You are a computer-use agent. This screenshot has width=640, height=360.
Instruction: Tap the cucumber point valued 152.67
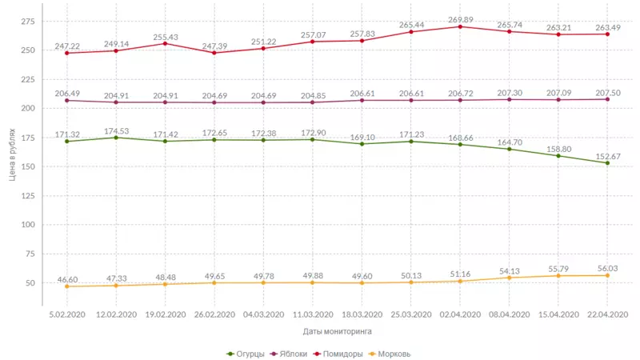click(607, 163)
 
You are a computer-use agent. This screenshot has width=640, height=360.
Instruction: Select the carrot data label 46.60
click(67, 278)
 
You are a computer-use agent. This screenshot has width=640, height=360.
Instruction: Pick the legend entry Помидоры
click(342, 353)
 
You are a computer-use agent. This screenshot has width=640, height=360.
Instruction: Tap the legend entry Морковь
click(392, 353)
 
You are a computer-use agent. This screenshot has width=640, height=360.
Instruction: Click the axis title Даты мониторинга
click(337, 330)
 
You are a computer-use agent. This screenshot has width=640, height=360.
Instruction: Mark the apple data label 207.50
click(607, 93)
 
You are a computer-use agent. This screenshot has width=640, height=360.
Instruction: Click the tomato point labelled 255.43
click(165, 43)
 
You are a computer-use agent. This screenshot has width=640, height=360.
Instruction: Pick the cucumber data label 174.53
click(116, 130)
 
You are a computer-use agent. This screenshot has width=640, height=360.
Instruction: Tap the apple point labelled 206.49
click(67, 100)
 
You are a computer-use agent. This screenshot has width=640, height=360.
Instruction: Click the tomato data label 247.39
click(214, 47)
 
